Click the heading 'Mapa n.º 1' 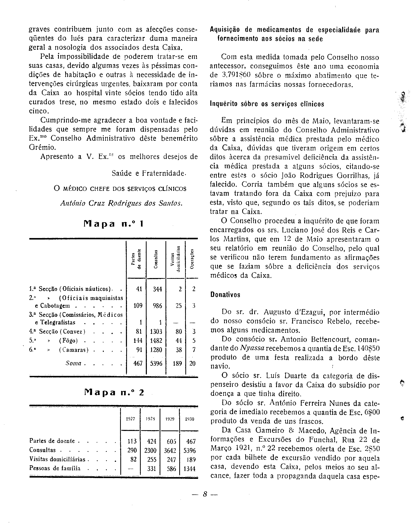coord(114,224)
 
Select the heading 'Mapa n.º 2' coord(114,392)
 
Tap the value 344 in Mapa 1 coord(157,289)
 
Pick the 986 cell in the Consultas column coord(157,306)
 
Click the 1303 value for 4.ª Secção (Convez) coord(156,332)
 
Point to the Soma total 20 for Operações coord(192,363)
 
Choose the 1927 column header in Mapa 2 coord(131,419)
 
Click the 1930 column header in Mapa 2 coord(189,419)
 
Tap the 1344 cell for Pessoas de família coord(189,469)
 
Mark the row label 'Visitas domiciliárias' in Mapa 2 coord(57,459)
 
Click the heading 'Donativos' coord(225,295)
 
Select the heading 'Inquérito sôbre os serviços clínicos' coord(267,104)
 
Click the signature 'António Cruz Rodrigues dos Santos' coord(121,203)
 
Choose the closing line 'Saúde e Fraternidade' coord(149,174)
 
